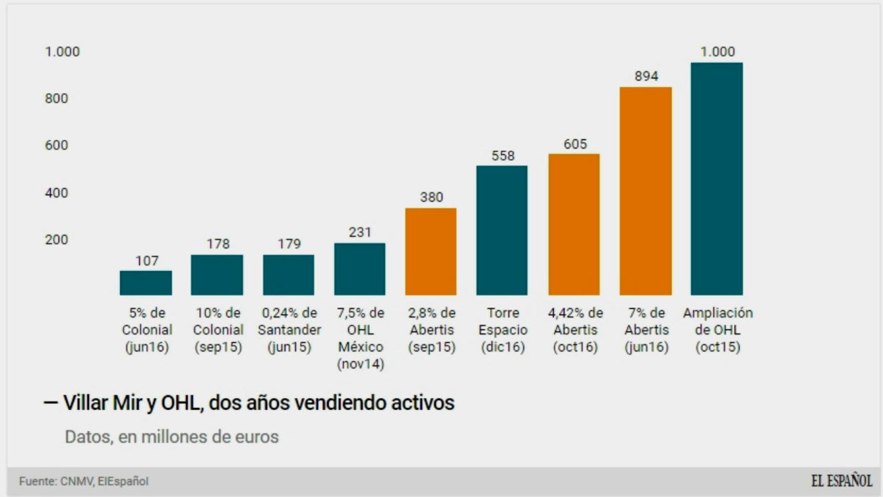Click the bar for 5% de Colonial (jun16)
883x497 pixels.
pos(146,283)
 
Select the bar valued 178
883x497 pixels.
pos(217,275)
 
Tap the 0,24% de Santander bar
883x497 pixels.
pos(288,275)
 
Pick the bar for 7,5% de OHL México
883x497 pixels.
pos(360,269)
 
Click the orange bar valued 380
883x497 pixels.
pos(431,252)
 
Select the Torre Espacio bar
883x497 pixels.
pos(502,230)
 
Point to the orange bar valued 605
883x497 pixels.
pos(574,225)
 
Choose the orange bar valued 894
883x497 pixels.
pos(645,191)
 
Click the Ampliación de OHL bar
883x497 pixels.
pos(717,179)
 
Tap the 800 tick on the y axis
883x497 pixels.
pos(56,98)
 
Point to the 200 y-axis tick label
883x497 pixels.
pos(56,240)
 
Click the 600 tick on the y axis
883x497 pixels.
pos(56,145)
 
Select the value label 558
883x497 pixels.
pos(503,156)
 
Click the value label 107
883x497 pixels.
pos(147,261)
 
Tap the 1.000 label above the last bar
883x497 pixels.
pos(717,52)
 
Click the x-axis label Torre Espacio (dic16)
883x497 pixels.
pos(503,330)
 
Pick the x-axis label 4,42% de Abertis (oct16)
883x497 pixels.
pos(575,330)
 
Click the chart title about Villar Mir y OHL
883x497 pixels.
pos(258,403)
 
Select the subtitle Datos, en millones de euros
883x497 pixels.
pos(171,437)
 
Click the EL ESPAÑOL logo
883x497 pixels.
pos(841,481)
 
